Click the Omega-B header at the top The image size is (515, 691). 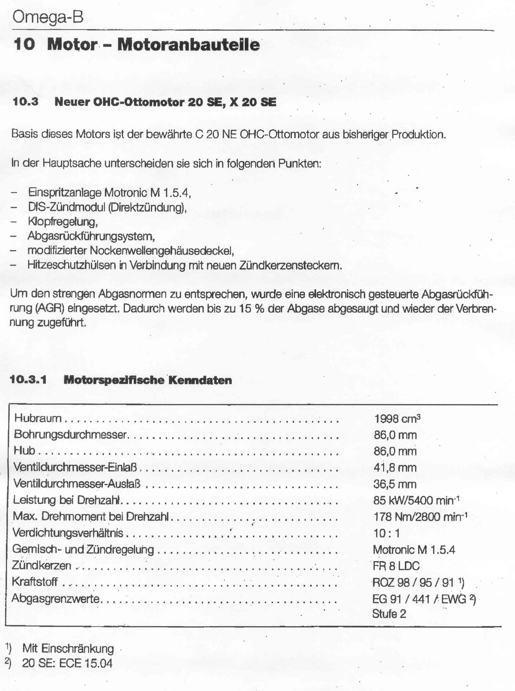tap(48, 17)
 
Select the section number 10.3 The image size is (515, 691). tap(26, 102)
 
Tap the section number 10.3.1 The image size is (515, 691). tap(28, 380)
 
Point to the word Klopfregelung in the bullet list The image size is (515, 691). tap(63, 222)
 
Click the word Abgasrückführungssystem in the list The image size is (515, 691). tap(91, 236)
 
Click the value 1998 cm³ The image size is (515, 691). tap(397, 419)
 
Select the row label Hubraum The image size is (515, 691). tap(38, 418)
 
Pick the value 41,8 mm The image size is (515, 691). tap(395, 468)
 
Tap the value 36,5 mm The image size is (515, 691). tap(395, 484)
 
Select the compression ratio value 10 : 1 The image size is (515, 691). tap(387, 533)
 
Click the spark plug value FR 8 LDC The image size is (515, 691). tap(396, 566)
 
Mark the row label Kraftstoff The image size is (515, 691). tap(35, 582)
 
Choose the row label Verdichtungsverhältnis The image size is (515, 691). tap(68, 533)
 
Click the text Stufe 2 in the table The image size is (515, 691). tap(389, 614)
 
